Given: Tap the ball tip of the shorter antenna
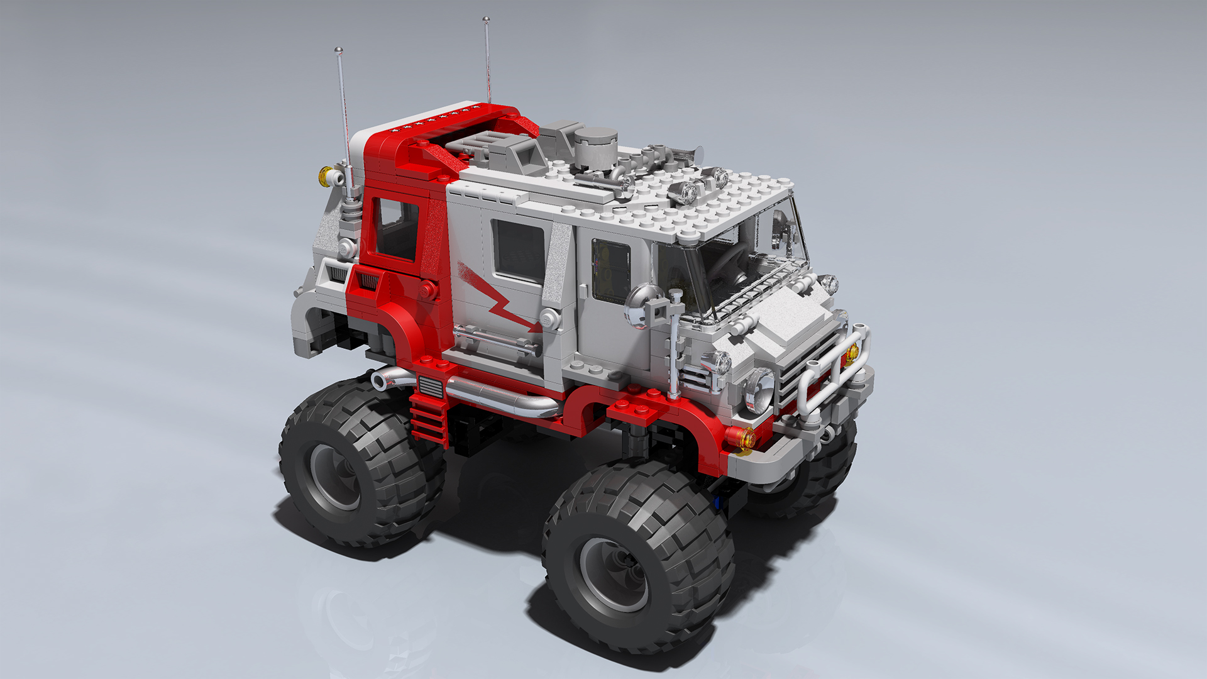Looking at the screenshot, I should coord(338,50).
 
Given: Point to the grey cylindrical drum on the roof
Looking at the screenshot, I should coord(595,148).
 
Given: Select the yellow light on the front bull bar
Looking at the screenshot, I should coord(852,354).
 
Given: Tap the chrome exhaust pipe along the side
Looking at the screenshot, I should coord(503,396).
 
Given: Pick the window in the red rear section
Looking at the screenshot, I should coord(396,229).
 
